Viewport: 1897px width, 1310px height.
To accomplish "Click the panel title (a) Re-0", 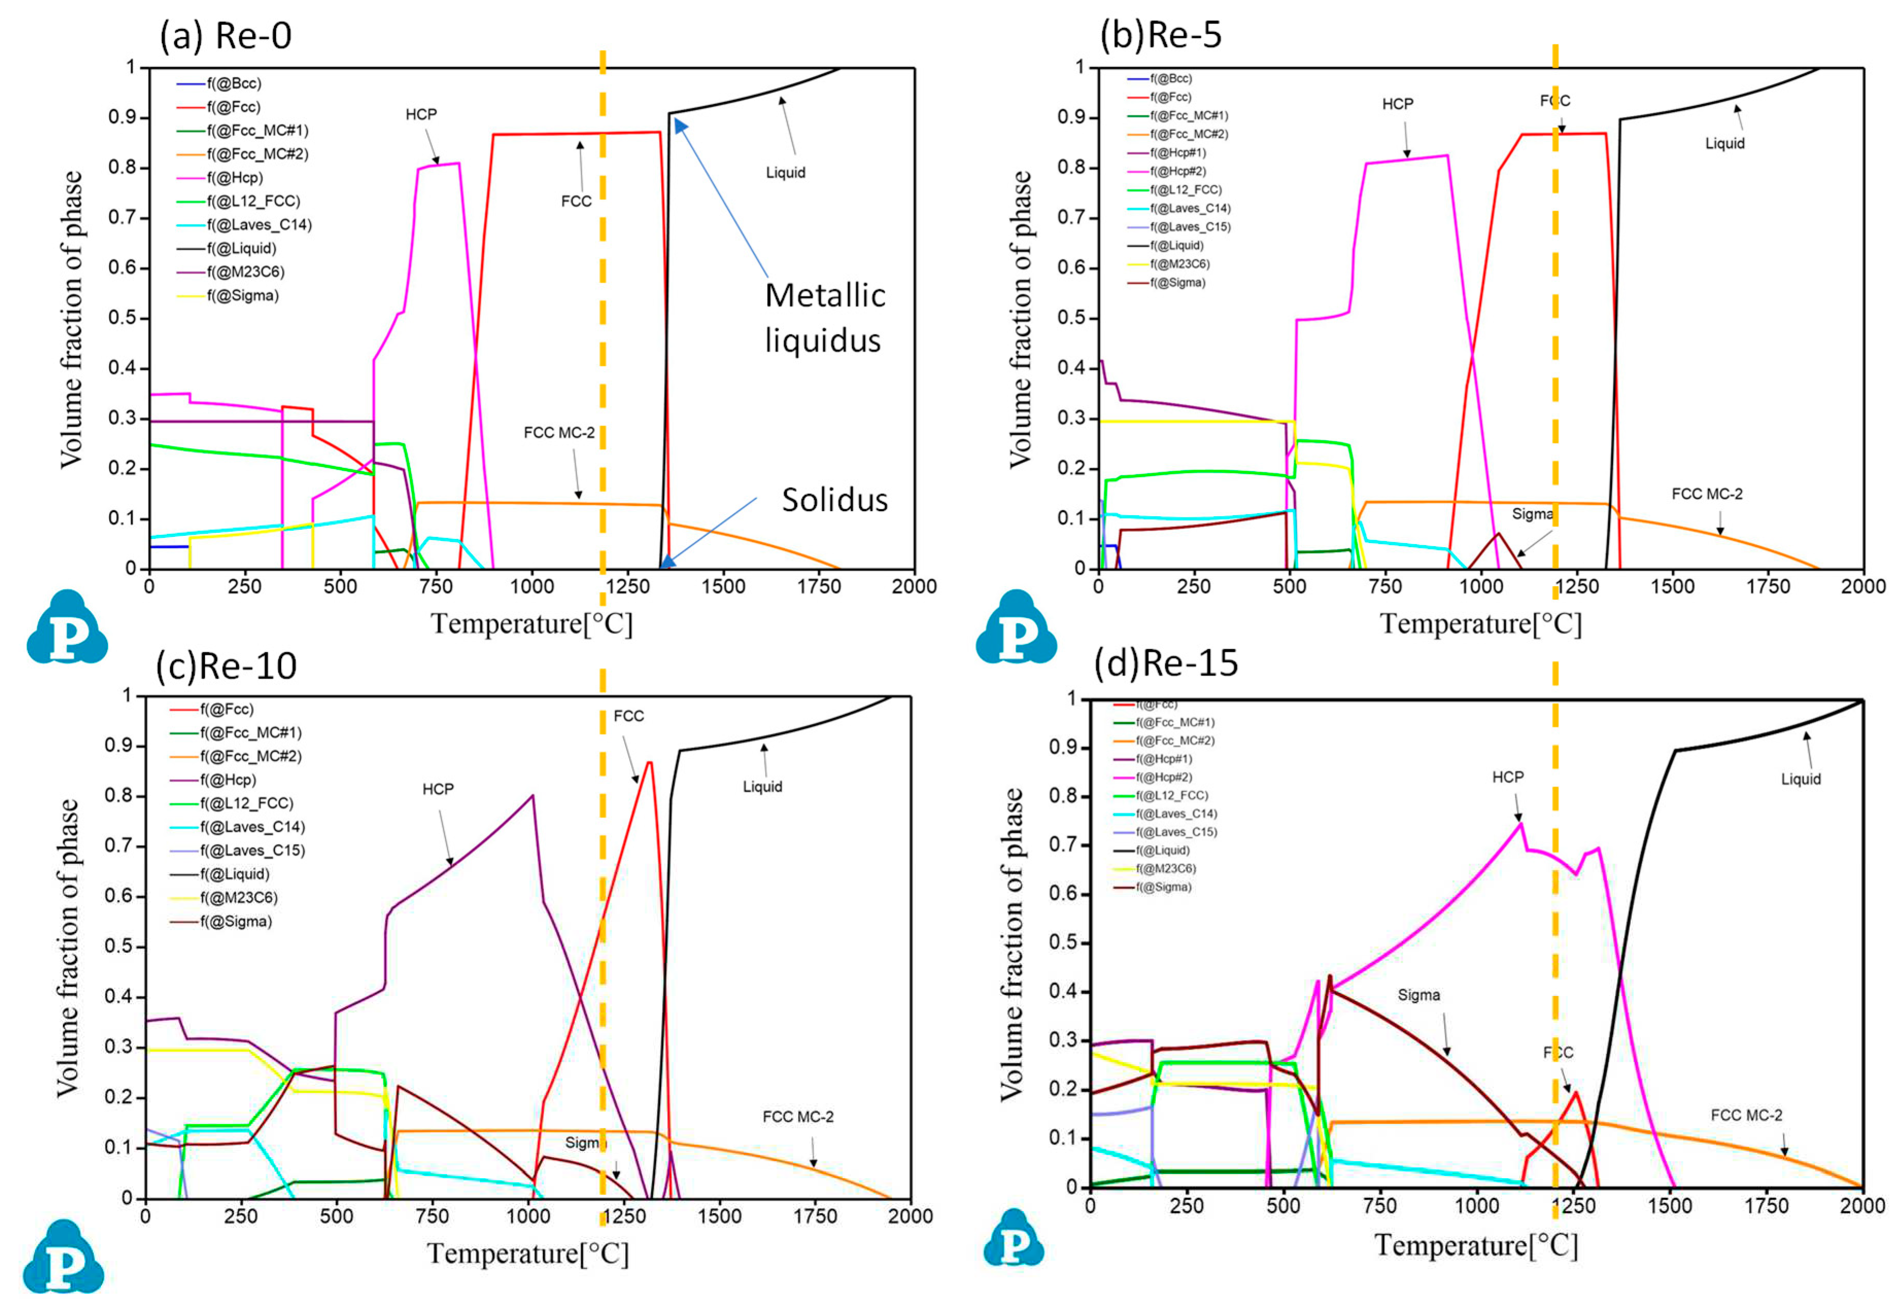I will coord(225,36).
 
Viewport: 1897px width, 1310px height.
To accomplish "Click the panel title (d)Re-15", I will coord(1166,662).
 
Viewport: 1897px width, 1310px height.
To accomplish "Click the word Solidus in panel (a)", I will coord(834,500).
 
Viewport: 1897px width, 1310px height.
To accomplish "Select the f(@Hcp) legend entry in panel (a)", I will coord(234,177).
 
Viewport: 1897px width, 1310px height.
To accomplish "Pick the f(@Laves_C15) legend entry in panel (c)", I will coord(252,850).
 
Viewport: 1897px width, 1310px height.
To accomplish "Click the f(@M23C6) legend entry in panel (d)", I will coord(1165,868).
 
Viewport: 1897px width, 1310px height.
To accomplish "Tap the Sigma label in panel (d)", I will coord(1419,995).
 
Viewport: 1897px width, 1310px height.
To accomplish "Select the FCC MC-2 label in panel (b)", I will coord(1706,494).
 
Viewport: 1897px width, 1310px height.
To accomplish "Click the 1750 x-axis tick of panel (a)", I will coord(818,586).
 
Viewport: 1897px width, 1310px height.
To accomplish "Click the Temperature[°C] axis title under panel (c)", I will coord(528,1253).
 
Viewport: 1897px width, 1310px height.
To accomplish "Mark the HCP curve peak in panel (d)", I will coord(1520,823).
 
